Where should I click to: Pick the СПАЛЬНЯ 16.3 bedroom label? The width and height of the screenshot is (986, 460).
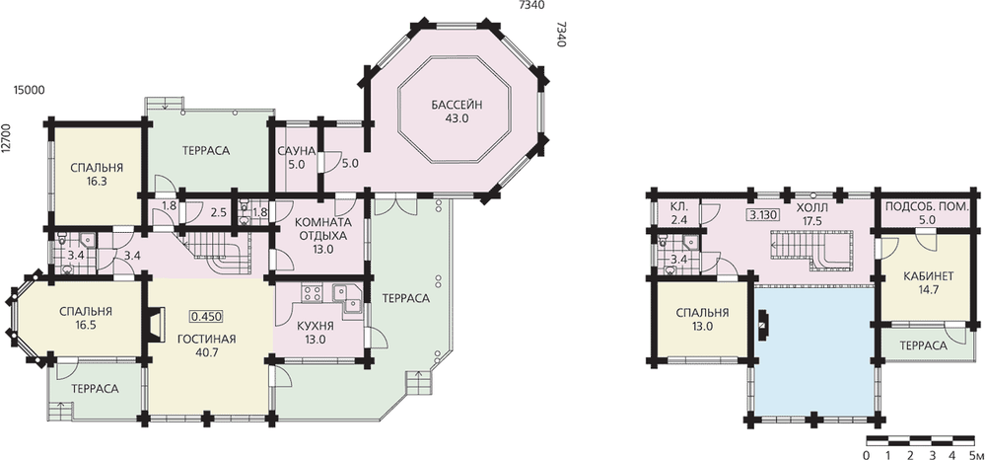tap(97, 174)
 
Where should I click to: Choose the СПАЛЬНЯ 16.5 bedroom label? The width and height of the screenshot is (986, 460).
tap(86, 319)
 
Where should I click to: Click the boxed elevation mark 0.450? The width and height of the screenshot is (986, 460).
tap(207, 316)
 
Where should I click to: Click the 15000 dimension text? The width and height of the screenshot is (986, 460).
tap(29, 91)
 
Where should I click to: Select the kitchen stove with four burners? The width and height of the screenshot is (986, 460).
tap(312, 293)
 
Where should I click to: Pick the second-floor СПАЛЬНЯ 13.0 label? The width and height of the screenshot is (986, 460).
tap(702, 319)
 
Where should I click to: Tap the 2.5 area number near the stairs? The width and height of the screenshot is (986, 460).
tap(218, 212)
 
